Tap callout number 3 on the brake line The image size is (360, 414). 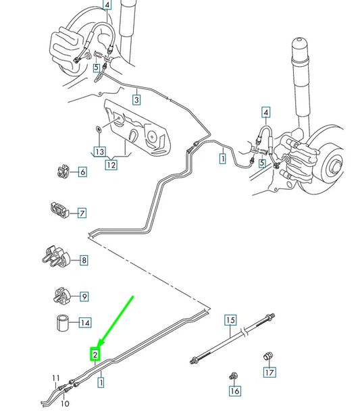coord(136,100)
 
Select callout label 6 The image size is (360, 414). coord(82,172)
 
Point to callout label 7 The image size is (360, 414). coord(82,213)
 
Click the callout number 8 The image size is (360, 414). coord(83,260)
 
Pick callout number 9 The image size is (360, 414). coord(84,296)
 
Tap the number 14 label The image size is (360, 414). coord(84,323)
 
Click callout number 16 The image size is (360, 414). coord(234,390)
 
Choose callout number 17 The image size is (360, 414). coord(269,371)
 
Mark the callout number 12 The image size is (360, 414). coord(111,164)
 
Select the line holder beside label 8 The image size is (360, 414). coord(56,257)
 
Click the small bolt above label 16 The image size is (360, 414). coord(234,376)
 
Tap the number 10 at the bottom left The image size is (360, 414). coord(65,405)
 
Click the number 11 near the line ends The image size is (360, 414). coord(55,378)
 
